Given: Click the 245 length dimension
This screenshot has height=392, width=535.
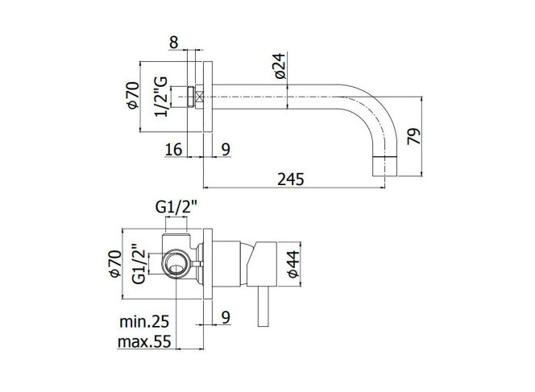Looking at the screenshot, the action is click(290, 179).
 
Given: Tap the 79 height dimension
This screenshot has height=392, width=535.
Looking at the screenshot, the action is click(414, 136).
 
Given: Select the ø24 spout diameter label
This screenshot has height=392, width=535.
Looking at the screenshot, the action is click(280, 66).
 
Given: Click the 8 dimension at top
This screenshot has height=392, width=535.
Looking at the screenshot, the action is click(174, 43).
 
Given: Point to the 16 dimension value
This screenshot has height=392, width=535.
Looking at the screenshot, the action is click(174, 149).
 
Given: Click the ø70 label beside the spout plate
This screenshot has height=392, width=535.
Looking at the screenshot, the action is click(133, 96).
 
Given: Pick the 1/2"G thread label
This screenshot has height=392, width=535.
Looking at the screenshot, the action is click(161, 97).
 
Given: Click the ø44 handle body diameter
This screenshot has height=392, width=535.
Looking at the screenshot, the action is click(292, 264).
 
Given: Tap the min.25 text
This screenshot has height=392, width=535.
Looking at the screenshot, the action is click(144, 321).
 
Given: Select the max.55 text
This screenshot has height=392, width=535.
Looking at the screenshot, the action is click(144, 341).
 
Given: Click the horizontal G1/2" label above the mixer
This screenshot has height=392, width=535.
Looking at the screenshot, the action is click(176, 207).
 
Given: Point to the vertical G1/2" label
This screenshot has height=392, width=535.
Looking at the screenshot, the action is click(139, 263).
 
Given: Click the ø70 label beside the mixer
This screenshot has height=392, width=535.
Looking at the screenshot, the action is click(115, 264).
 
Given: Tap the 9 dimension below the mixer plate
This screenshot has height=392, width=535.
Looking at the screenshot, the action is click(226, 317).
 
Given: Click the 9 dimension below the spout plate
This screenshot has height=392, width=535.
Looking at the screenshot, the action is click(226, 149).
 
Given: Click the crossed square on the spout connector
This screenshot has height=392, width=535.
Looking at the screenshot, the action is click(199, 97).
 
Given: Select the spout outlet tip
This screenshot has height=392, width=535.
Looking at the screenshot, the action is click(384, 167).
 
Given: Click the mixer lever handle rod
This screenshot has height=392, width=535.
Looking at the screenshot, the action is click(263, 306).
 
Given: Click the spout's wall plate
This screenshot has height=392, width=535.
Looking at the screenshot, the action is click(208, 97).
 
